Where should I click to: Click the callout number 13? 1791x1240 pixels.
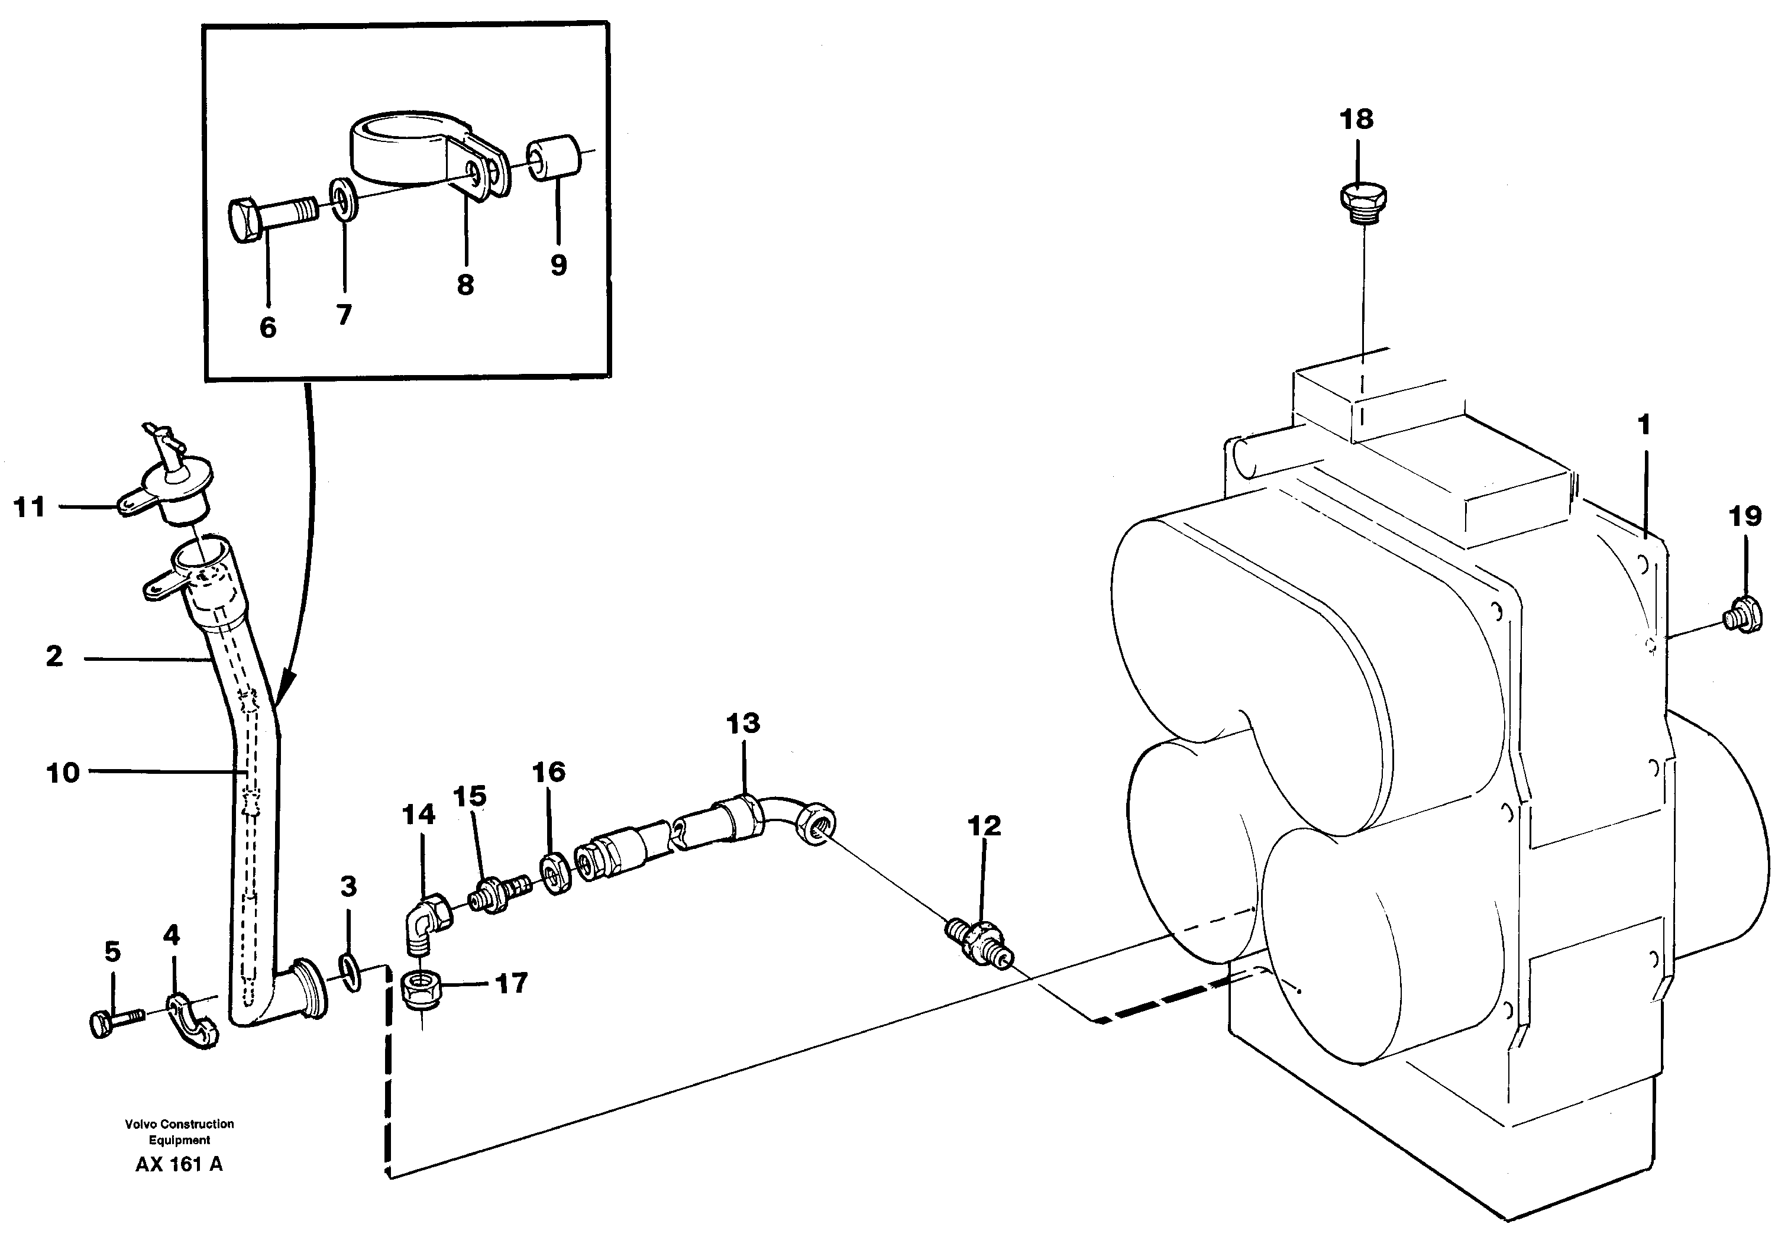(x=742, y=724)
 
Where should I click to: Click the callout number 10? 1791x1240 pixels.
(x=63, y=773)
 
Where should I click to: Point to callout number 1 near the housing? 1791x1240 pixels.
(x=1644, y=425)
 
